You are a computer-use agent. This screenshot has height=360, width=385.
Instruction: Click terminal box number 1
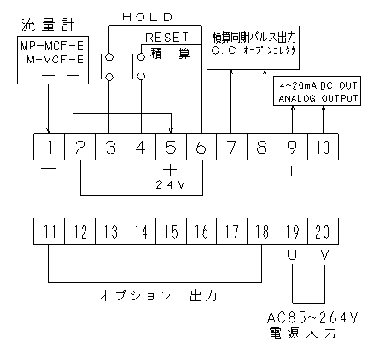click(x=50, y=147)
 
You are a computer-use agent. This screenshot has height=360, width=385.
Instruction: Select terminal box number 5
click(x=171, y=147)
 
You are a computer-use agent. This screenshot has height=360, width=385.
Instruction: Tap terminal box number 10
click(x=324, y=147)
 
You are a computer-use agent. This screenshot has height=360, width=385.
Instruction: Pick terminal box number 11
click(x=50, y=231)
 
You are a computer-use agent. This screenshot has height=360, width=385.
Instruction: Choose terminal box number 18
click(x=262, y=231)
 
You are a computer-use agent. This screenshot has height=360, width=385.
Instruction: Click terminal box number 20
click(x=324, y=231)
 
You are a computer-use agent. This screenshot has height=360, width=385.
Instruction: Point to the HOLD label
click(x=148, y=17)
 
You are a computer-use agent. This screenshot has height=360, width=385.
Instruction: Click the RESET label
click(x=167, y=38)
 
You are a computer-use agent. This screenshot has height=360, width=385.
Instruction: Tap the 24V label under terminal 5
click(x=171, y=185)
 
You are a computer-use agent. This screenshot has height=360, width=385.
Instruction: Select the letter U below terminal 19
click(x=292, y=255)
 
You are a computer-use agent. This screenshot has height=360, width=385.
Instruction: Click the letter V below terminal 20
click(x=324, y=255)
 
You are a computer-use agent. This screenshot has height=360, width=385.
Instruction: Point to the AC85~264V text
click(x=312, y=317)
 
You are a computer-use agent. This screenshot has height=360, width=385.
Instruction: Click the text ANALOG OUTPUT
click(x=318, y=98)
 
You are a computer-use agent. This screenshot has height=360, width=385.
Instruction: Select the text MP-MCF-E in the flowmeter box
click(x=52, y=46)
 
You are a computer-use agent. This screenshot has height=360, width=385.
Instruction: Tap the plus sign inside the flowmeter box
click(x=73, y=76)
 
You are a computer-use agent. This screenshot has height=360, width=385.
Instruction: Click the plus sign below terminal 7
click(x=230, y=171)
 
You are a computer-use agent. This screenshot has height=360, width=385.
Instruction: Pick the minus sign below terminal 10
click(x=322, y=171)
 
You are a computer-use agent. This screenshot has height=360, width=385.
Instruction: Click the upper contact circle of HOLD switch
click(x=109, y=57)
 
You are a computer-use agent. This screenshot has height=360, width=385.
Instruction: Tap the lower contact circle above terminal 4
click(x=141, y=76)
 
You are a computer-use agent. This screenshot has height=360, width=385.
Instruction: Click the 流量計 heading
click(x=48, y=25)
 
